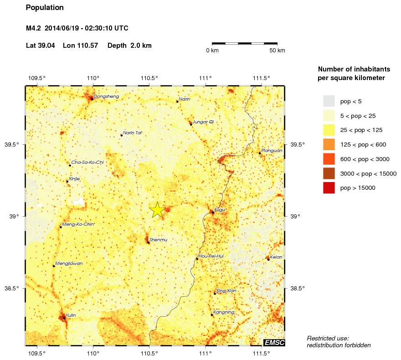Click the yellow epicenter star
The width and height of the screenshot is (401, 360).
tap(157, 210)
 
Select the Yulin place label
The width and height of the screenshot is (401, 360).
tap(71, 315)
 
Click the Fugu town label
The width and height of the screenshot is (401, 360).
tap(220, 210)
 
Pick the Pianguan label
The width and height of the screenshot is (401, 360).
tap(272, 150)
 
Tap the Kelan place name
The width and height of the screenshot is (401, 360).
tap(276, 257)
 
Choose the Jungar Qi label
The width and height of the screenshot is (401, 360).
tap(203, 122)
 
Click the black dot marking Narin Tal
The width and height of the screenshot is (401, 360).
tap(121, 135)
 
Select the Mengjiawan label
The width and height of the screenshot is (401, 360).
tap(68, 264)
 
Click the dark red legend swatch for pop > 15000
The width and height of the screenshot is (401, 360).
tap(329, 188)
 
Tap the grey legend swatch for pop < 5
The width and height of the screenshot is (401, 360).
tap(329, 101)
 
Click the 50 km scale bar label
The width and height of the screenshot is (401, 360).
tap(277, 50)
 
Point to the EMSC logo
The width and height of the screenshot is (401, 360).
tap(274, 342)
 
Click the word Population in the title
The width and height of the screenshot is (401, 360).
tap(45, 8)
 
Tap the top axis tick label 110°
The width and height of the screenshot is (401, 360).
tap(93, 78)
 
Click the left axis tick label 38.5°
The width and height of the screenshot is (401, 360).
tap(11, 289)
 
